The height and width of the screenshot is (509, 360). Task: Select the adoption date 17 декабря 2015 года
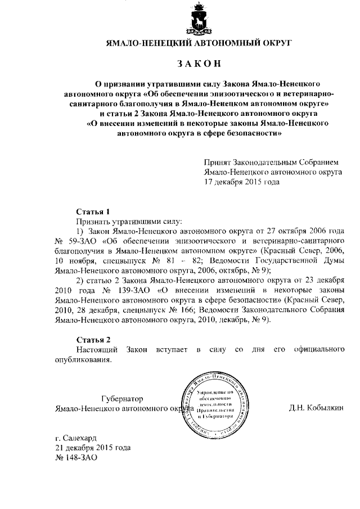pyautogui.click(x=242, y=182)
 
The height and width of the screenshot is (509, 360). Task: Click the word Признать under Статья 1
pyautogui.click(x=92, y=222)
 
